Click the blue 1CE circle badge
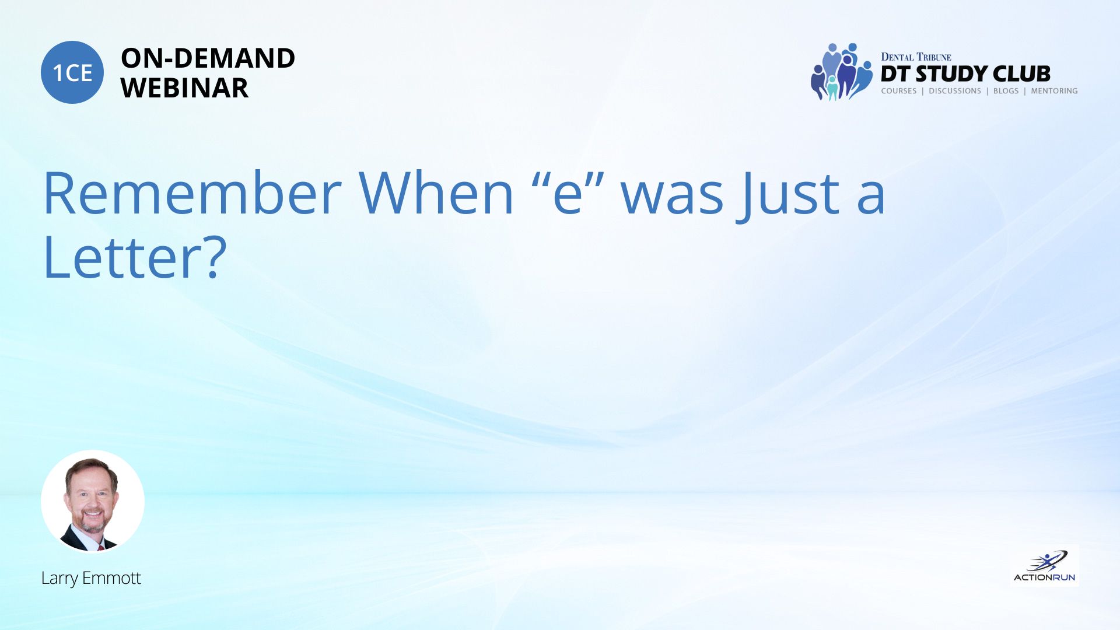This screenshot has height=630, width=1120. click(x=72, y=72)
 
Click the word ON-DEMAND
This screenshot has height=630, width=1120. click(x=208, y=58)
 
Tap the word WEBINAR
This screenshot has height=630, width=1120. click(x=184, y=88)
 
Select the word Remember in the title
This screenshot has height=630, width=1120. click(x=192, y=193)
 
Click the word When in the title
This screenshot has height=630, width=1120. click(x=436, y=193)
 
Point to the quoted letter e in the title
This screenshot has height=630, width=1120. click(x=568, y=194)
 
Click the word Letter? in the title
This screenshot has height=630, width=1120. click(x=135, y=257)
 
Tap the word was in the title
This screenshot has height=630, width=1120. click(x=673, y=199)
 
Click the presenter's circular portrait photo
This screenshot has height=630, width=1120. click(x=93, y=501)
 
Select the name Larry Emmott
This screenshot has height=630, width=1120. click(x=91, y=578)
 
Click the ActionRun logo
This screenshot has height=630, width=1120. click(x=1044, y=566)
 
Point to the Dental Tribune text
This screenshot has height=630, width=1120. click(x=916, y=57)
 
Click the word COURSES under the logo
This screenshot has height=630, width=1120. click(x=899, y=91)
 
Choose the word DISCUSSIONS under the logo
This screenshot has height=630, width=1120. click(x=955, y=91)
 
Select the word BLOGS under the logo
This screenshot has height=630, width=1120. click(x=1006, y=91)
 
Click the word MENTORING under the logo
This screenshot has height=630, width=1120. click(x=1054, y=91)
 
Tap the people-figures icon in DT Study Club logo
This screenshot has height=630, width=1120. click(x=841, y=72)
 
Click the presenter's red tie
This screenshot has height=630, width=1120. click(x=101, y=548)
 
